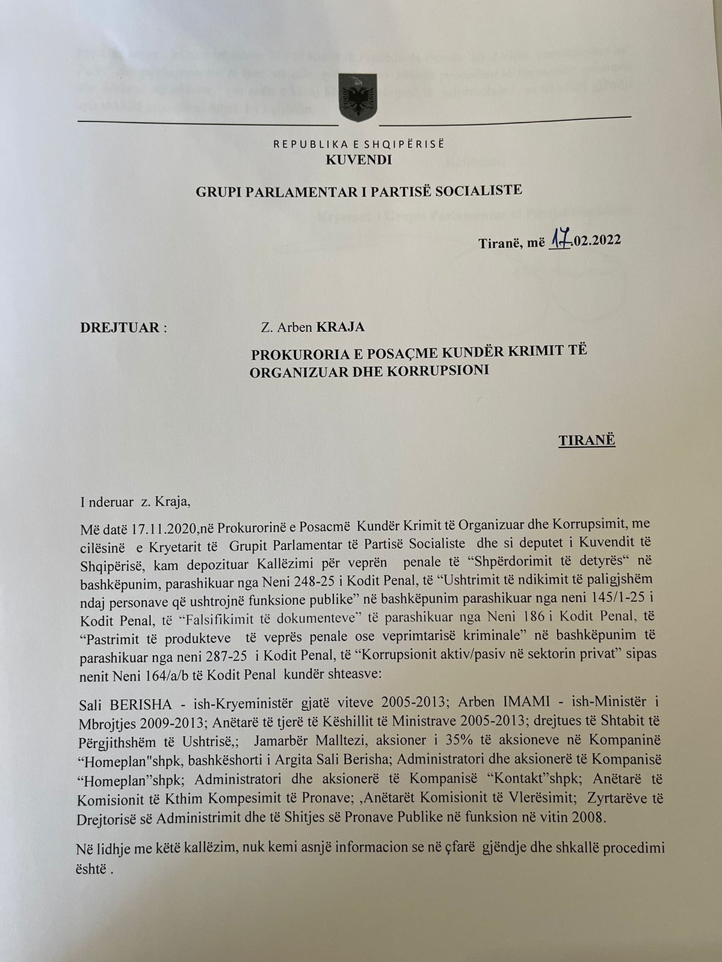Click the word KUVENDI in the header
pos(359,160)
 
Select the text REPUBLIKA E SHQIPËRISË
pos(359,144)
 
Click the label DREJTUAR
pos(120,328)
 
